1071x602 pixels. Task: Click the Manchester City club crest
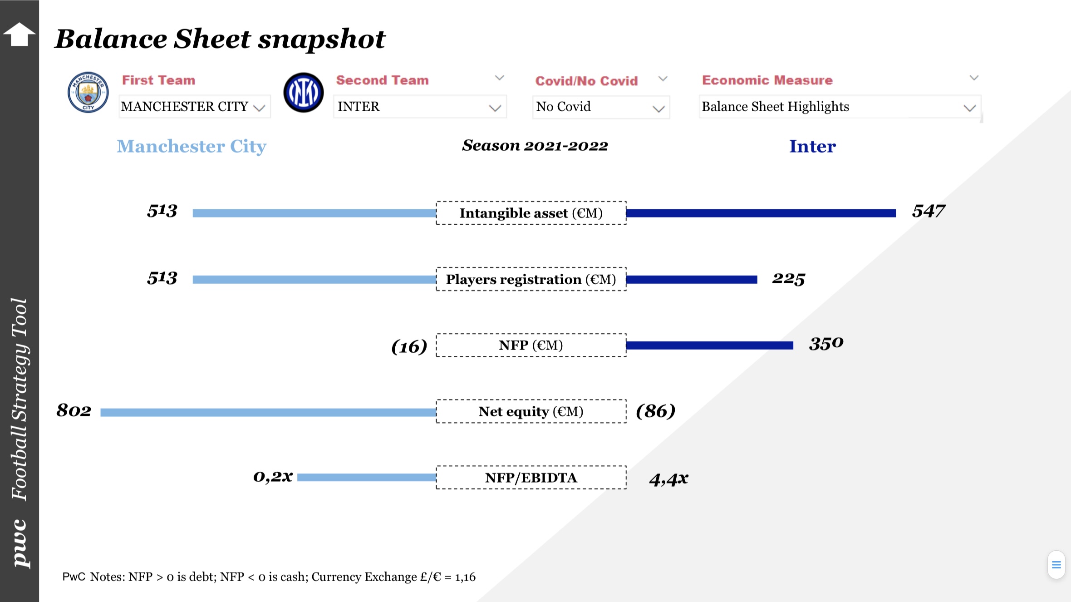[x=88, y=92]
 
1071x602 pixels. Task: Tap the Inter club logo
[x=304, y=93]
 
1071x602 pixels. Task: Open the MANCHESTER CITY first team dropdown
[x=194, y=107]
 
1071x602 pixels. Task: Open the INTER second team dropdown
[x=419, y=107]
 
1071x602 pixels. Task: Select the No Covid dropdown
[x=600, y=107]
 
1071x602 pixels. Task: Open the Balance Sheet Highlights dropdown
[x=839, y=107]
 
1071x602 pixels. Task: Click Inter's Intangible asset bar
[x=761, y=213]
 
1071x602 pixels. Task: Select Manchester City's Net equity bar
[x=268, y=412]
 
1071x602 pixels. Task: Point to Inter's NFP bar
[x=709, y=345]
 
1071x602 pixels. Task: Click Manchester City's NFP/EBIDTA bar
[x=366, y=477]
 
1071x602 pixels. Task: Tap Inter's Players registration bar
[x=691, y=280]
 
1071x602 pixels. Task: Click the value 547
[x=928, y=211]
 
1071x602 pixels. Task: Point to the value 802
[x=74, y=410]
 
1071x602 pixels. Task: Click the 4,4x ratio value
[x=668, y=479]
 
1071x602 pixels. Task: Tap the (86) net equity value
[x=655, y=411]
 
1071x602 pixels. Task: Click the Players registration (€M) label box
[x=531, y=279]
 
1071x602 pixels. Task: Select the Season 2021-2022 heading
[x=535, y=146]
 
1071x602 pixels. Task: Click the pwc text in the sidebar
[x=20, y=543]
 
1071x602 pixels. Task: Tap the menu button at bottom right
[x=1056, y=565]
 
